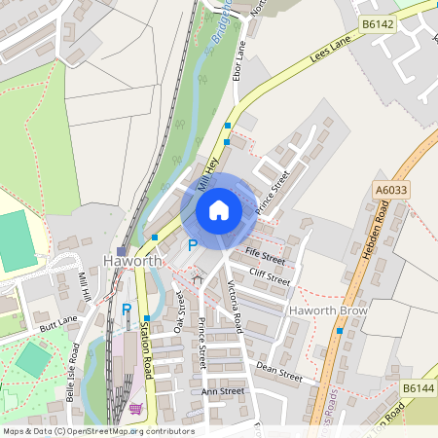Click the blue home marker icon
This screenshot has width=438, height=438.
point(219,209)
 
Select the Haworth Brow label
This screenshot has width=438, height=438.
point(327,310)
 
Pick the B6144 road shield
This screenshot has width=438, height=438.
point(418,387)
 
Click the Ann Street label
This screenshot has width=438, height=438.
point(222,391)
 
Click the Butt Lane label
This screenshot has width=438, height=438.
point(57,325)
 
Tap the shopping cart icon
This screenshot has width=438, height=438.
point(136,409)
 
